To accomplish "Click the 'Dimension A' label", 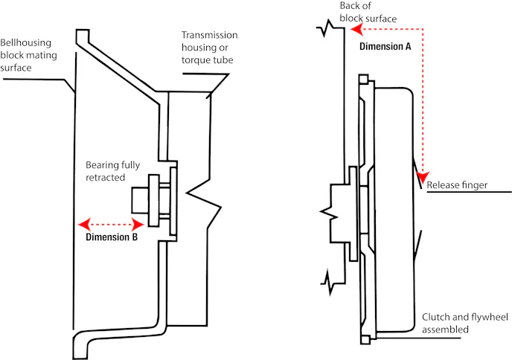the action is point(385,46).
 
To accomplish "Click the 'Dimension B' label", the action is point(112,237).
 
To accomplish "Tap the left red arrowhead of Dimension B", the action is point(85,225).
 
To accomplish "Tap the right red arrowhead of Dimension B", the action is point(138,225).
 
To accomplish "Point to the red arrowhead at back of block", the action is point(356,29).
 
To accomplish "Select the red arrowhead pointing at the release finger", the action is point(423,177).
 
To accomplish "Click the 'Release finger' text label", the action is point(457,185).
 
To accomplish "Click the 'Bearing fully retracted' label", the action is point(112,171).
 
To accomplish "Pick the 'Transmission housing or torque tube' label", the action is point(209,48).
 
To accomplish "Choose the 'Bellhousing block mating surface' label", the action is point(28,55).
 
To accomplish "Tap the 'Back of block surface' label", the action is point(368,12).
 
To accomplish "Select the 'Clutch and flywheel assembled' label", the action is point(465,323).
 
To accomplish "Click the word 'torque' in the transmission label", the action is point(196,60).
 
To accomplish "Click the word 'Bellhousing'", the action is point(26,42).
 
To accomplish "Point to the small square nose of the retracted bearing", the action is point(141,200).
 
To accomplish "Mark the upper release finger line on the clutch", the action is point(417,174).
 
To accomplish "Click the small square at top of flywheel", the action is point(363,80).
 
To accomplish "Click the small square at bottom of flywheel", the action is point(365,339).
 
